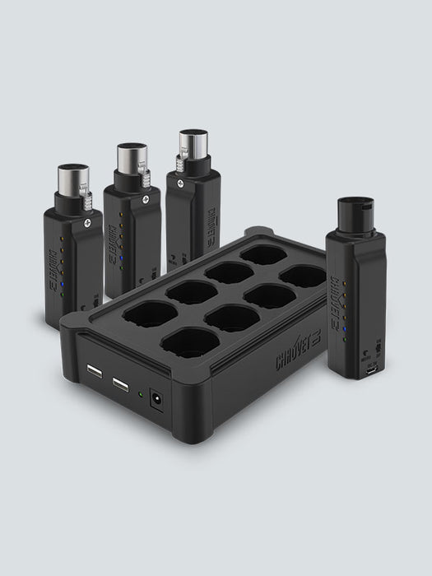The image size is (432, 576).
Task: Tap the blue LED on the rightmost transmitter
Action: pos(346,330)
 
